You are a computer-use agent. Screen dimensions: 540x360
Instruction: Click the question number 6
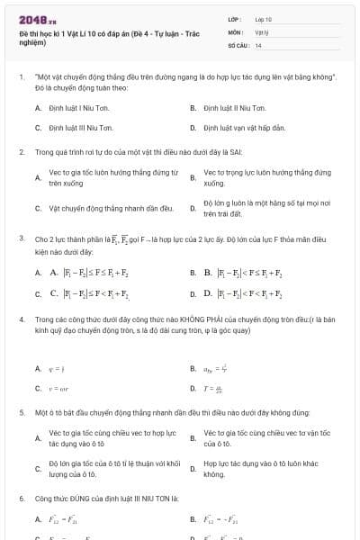pyautogui.click(x=21, y=498)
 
